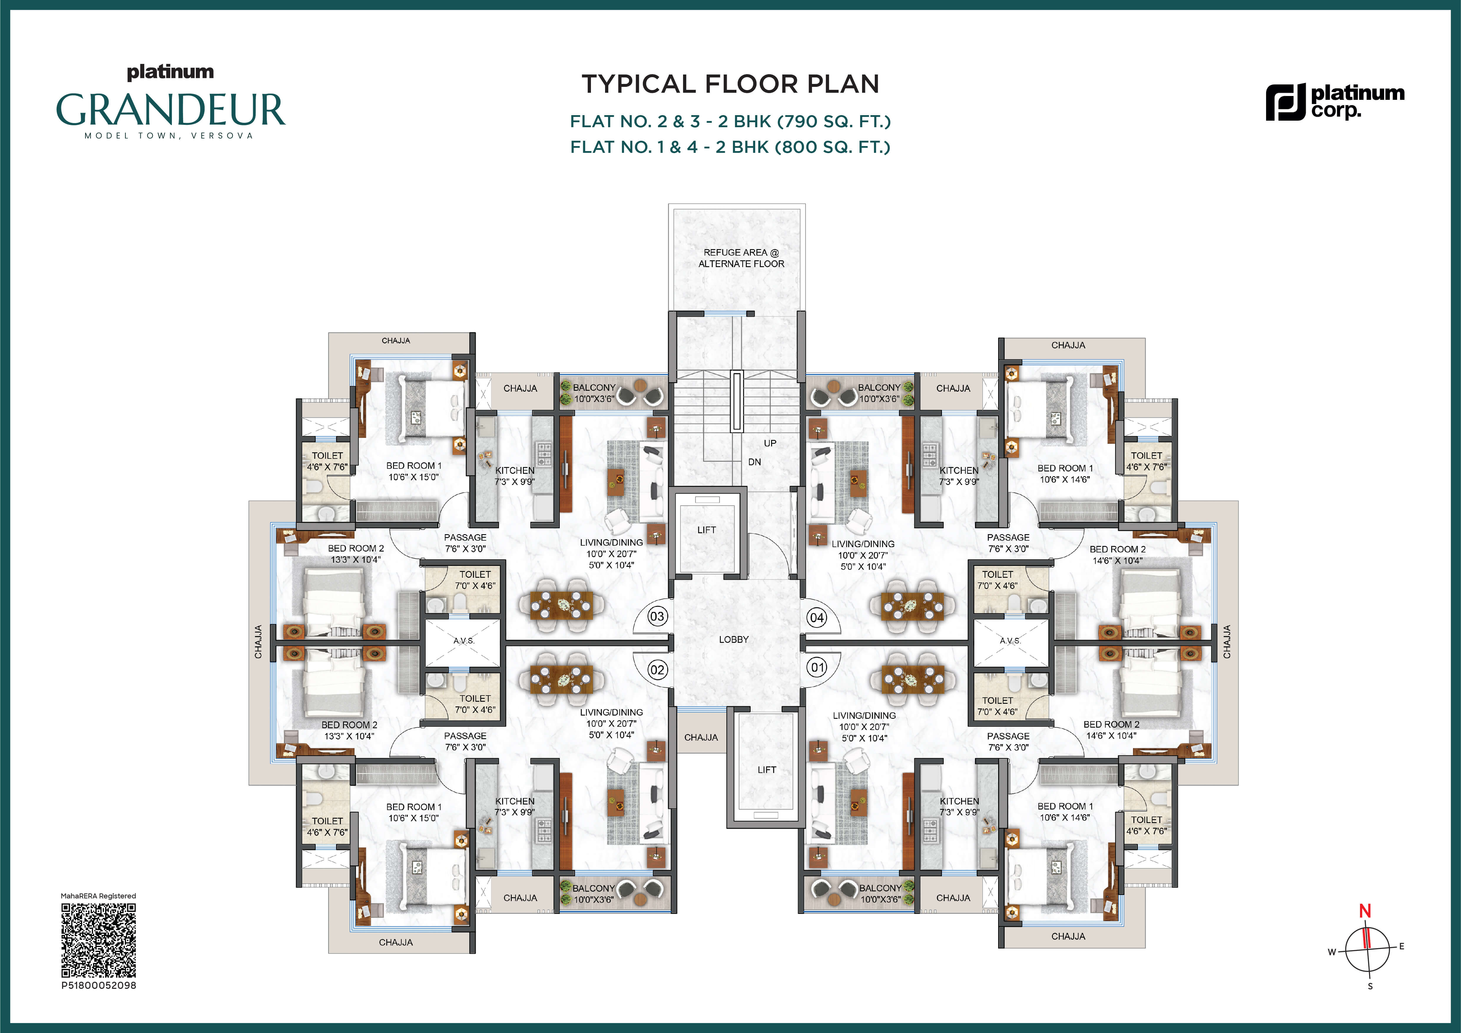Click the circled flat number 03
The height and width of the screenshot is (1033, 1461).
click(x=657, y=616)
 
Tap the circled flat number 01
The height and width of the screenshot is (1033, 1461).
click(x=817, y=668)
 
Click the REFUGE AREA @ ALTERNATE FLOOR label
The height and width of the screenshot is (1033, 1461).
click(x=741, y=258)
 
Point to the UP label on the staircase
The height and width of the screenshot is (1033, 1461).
click(x=770, y=443)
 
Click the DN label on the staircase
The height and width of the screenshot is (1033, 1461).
click(x=755, y=462)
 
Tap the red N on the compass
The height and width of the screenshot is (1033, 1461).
click(x=1365, y=911)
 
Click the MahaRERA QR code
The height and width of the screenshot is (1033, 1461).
click(x=99, y=940)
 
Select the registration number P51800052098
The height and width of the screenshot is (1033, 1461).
click(x=99, y=985)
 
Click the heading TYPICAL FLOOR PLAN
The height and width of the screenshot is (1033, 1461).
click(x=730, y=84)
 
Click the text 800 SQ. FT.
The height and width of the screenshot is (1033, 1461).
click(x=832, y=147)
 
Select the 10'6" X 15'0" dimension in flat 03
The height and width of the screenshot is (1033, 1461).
click(x=414, y=477)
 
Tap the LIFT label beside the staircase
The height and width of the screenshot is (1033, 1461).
click(x=706, y=529)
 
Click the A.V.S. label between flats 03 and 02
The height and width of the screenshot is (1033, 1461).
click(x=464, y=641)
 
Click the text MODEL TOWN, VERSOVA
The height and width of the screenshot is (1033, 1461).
click(x=169, y=135)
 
